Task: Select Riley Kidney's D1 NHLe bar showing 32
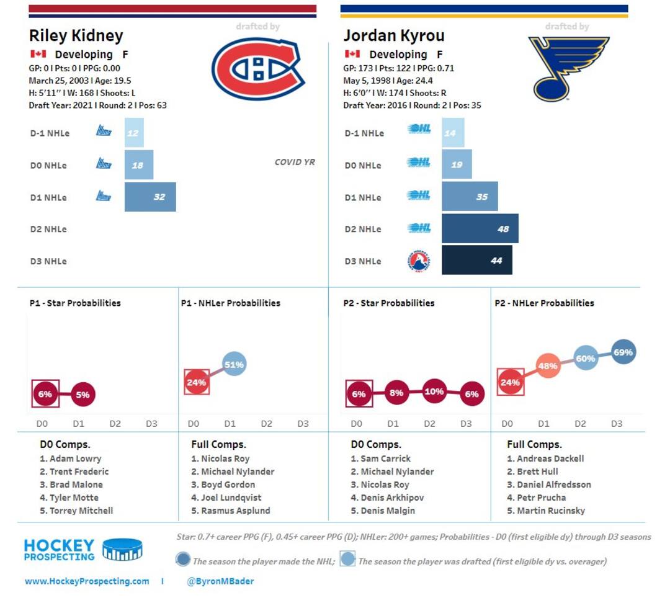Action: point(150,197)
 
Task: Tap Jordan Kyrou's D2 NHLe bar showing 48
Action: point(480,229)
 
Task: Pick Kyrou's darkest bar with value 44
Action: point(476,261)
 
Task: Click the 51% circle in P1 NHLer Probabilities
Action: point(234,365)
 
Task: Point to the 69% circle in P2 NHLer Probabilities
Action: point(623,352)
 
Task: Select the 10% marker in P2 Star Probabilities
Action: point(434,392)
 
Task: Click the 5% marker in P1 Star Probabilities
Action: point(83,395)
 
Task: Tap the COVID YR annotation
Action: point(295,163)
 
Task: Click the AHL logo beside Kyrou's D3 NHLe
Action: point(419,261)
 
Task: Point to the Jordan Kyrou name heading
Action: point(394,35)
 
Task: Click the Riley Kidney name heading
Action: point(76,35)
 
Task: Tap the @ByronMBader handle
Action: point(220,581)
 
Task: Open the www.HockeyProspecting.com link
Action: point(87,581)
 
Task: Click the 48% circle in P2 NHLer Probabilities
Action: point(547,366)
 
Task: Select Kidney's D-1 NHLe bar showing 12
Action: point(134,133)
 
